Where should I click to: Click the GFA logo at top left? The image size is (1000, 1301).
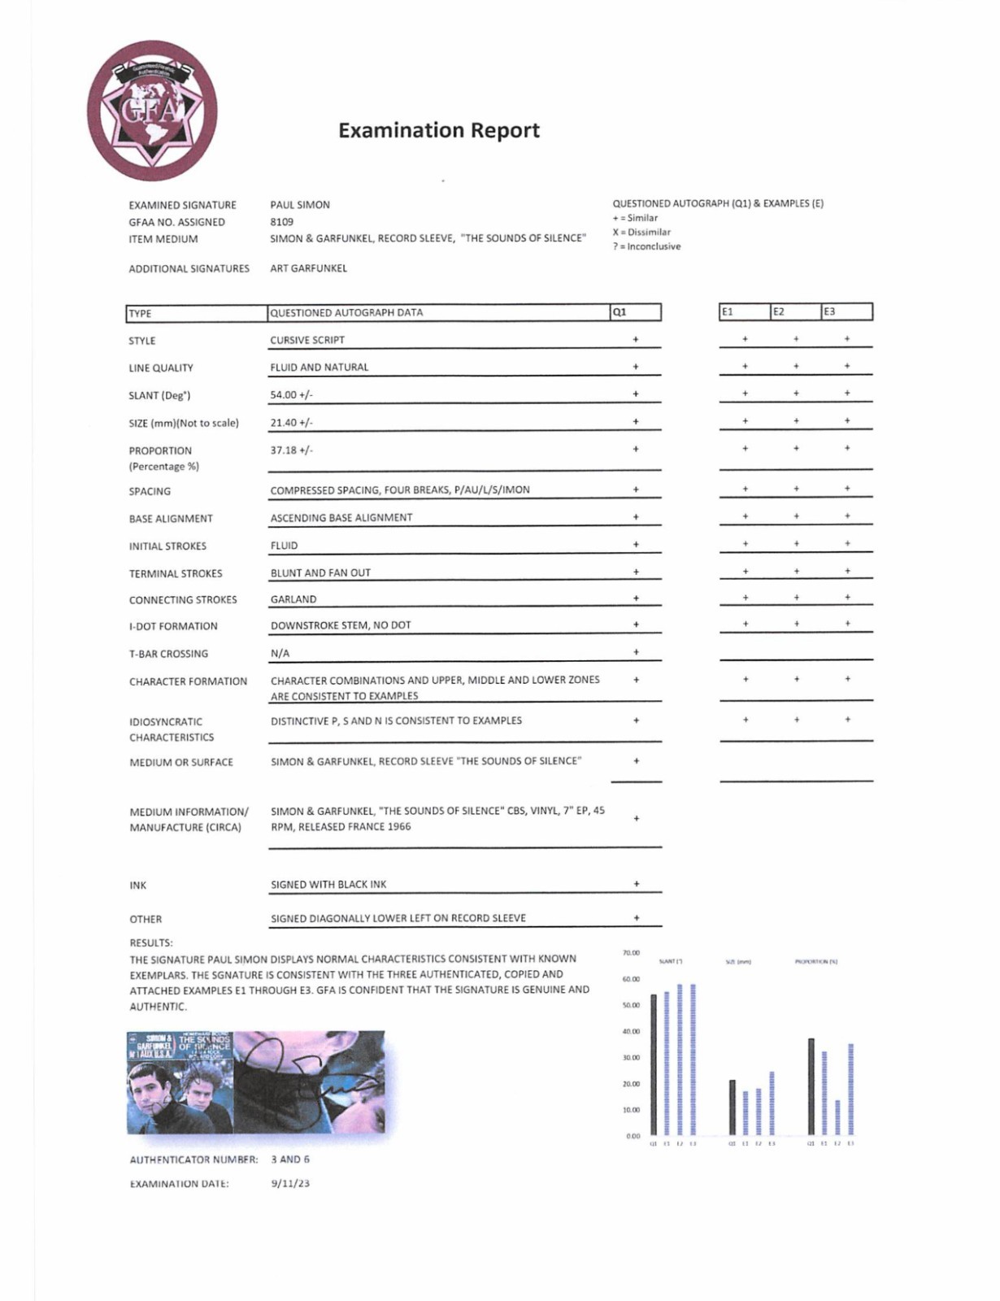point(152,111)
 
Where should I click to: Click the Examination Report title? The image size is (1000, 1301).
point(438,130)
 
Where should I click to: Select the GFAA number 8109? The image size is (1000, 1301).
point(281,221)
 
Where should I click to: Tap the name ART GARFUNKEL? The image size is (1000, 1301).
point(308,268)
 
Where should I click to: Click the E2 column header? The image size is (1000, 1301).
point(795,311)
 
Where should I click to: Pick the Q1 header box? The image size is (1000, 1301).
point(635,312)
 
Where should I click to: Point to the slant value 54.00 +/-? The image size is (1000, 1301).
point(291,395)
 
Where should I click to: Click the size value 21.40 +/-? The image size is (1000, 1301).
point(291,423)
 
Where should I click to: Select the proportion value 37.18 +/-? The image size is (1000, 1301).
point(291,450)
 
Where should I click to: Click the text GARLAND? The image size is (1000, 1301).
point(293,599)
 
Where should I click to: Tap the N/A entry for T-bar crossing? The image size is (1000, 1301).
point(280,653)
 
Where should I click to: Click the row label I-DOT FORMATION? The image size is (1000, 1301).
point(173,626)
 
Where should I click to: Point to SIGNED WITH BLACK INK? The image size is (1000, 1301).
point(328,884)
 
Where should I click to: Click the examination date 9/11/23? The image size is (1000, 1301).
point(290,1183)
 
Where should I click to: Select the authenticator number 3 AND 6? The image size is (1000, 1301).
point(290,1159)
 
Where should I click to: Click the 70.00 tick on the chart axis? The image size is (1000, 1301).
point(631,952)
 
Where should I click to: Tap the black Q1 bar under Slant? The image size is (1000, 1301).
point(653,1065)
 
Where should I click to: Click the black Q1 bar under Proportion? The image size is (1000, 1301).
point(811,1086)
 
